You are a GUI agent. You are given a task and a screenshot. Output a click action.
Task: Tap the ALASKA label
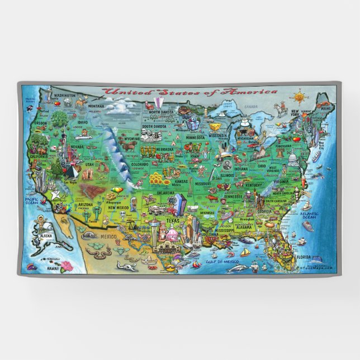45,236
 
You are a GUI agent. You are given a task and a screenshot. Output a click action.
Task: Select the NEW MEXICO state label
119,207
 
